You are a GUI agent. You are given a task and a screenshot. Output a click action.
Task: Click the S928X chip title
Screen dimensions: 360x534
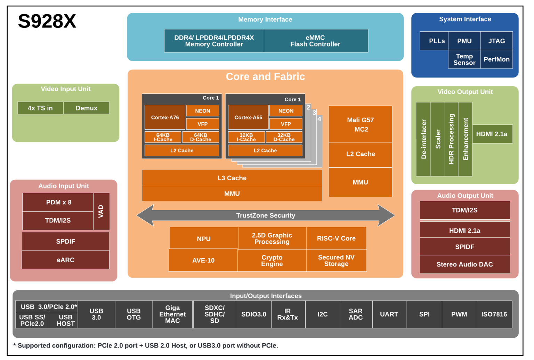[47, 22]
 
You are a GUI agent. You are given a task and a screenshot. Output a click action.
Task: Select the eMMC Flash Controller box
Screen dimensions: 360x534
[315, 41]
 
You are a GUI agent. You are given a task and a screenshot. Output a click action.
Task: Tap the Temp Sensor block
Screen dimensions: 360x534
[464, 59]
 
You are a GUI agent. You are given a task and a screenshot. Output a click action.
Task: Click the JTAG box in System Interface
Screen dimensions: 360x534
[496, 41]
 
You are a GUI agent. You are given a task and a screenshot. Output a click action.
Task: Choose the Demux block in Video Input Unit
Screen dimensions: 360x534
[87, 108]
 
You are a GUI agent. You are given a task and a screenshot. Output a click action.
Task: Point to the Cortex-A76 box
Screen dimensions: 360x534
[165, 117]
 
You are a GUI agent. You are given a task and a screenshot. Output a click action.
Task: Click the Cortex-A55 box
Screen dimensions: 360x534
[248, 117]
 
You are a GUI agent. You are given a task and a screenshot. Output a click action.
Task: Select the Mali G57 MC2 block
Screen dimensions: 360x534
[361, 124]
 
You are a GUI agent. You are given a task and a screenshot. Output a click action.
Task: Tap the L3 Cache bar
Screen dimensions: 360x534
[232, 178]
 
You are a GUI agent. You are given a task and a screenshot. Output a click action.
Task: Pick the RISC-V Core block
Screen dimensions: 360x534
[336, 238]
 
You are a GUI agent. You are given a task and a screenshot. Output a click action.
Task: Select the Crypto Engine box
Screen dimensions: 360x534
[272, 261]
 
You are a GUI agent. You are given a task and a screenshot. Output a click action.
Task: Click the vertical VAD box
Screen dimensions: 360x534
[101, 211]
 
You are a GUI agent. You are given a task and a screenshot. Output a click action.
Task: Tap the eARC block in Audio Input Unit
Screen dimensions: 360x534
[65, 260]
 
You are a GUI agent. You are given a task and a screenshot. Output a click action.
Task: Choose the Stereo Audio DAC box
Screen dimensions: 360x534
[464, 264]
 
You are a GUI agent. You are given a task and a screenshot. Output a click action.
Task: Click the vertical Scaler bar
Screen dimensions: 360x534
[438, 139]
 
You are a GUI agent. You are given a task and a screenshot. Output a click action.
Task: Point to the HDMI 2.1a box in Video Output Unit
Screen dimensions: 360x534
[492, 134]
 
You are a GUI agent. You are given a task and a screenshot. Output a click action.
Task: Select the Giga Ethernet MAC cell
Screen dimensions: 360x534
[172, 314]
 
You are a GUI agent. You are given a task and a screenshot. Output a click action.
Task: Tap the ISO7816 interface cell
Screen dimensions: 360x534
[494, 314]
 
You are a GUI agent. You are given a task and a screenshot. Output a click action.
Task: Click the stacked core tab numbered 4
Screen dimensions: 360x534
[319, 119]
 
